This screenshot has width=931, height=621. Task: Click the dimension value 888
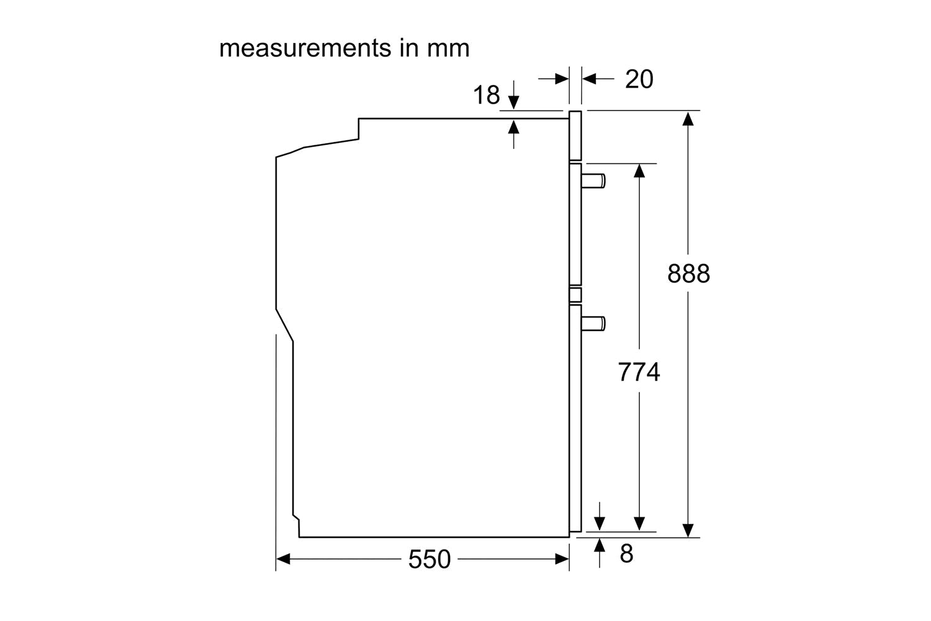coord(689,274)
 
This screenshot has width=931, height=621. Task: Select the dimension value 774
coord(639,372)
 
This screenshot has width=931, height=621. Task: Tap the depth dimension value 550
coord(430,559)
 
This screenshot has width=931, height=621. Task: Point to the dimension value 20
coord(639,79)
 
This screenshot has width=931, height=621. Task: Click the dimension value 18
coord(486,95)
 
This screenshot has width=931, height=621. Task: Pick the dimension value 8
coord(627,553)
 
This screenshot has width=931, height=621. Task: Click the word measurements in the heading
coord(305,48)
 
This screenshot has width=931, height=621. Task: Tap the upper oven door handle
coord(593,181)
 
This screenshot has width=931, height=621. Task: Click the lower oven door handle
coord(593,324)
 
